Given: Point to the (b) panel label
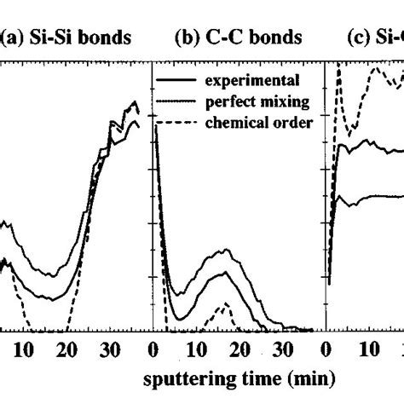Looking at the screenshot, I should pos(185,38).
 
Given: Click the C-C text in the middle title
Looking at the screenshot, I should pos(219,38).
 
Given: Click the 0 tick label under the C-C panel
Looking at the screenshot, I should pos(153,349).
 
